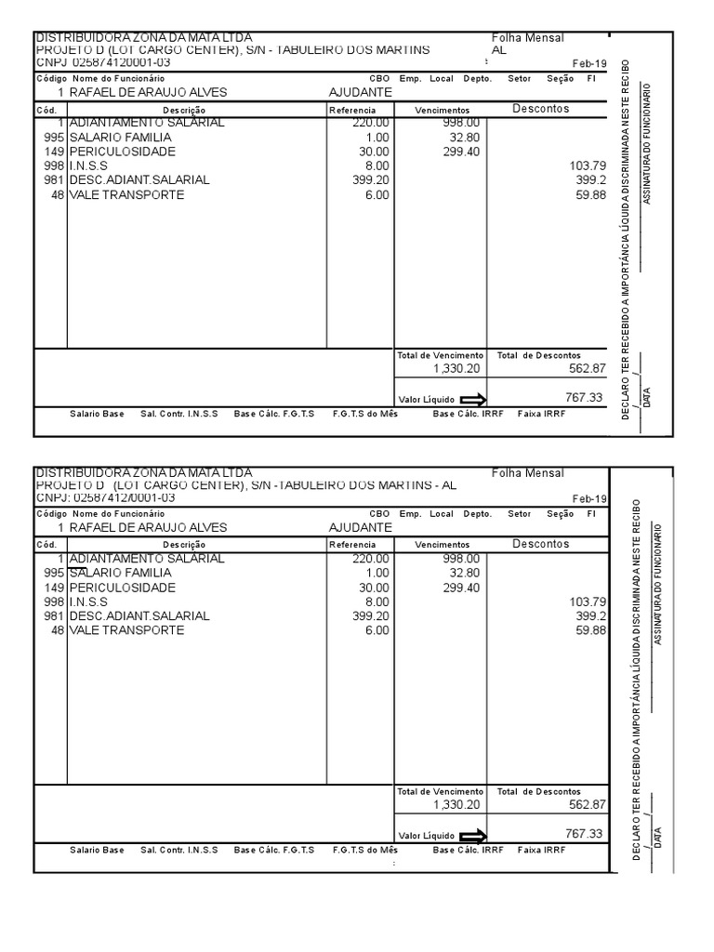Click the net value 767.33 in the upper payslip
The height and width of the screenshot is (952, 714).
[584, 397]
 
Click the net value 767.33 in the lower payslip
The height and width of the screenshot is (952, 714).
[584, 833]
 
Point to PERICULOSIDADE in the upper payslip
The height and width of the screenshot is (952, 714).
[121, 152]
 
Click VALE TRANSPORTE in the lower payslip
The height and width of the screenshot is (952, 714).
[126, 630]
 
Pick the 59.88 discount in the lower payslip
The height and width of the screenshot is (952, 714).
[590, 630]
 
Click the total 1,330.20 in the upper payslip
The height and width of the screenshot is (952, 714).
[456, 368]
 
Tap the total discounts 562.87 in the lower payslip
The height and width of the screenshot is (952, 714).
[587, 804]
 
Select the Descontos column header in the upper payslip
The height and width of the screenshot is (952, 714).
[541, 109]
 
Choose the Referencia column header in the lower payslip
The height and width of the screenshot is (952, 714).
[352, 545]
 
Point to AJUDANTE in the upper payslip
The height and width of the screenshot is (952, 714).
[361, 92]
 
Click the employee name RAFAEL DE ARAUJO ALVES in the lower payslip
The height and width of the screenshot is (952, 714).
[148, 527]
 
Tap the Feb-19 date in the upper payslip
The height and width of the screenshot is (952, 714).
[588, 63]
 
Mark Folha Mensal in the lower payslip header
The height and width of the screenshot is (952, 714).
[527, 473]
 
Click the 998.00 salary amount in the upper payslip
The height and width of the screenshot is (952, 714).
[461, 123]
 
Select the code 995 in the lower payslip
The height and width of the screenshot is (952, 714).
[54, 573]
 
